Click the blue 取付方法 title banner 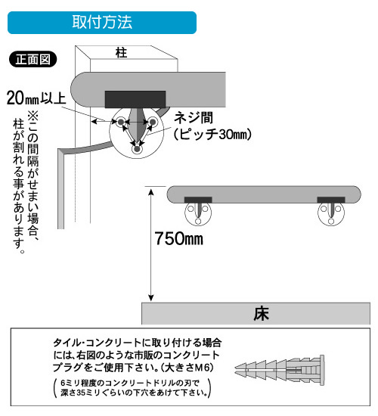point(102,23)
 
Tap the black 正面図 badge point(33,59)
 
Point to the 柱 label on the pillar point(121,53)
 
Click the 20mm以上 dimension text point(36,98)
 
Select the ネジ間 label point(194,118)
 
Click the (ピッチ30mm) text point(212,134)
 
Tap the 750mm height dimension point(178,238)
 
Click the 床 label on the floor point(262,314)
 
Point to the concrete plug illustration point(280,370)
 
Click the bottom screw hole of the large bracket point(137,149)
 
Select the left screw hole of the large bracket point(121,122)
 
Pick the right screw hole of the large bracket point(153,122)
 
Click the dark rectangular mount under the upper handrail point(135,100)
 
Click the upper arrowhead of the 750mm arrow point(151,191)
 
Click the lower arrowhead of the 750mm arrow point(151,298)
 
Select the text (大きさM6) point(187,368)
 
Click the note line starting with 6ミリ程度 point(130,383)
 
